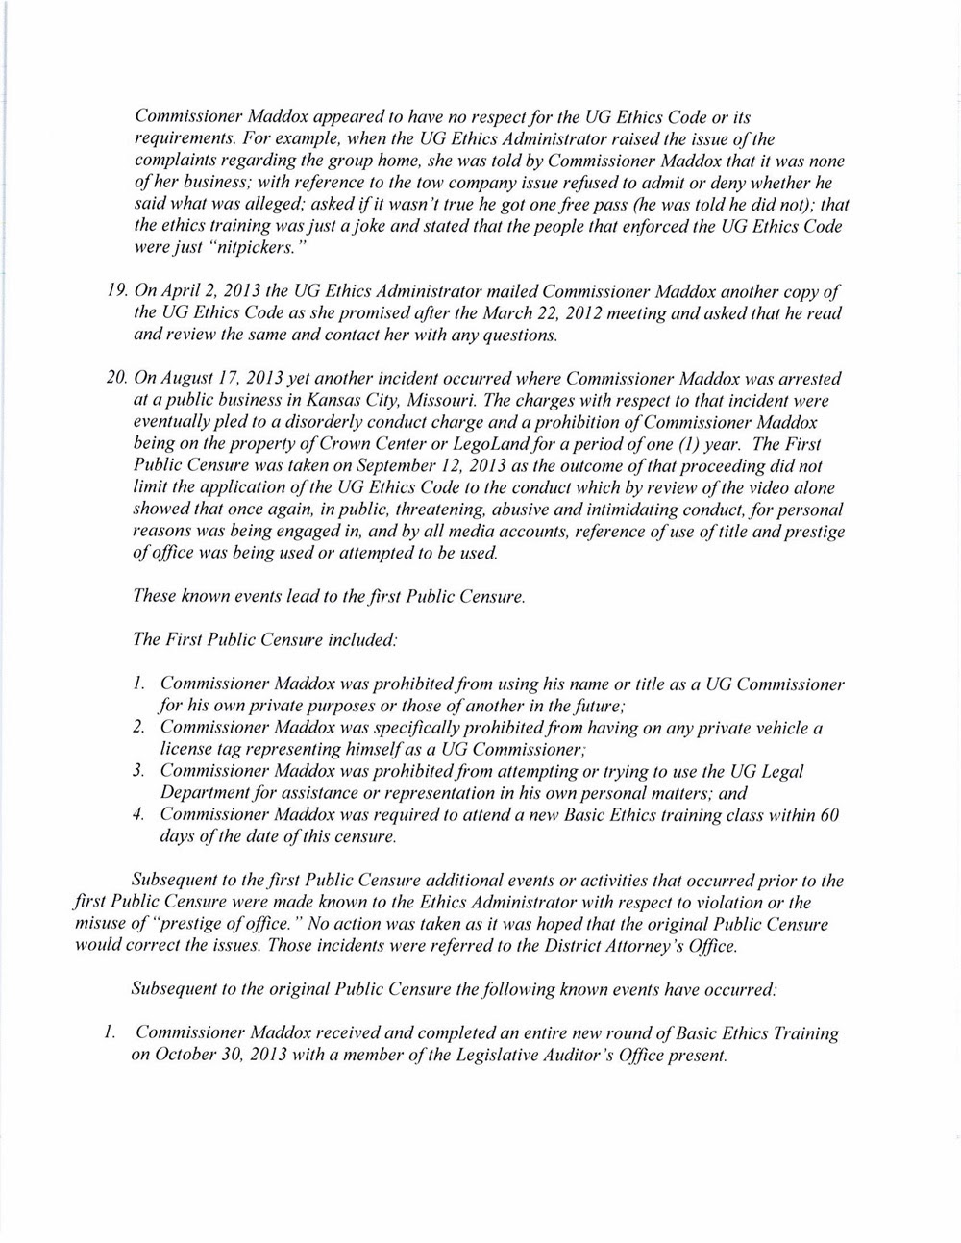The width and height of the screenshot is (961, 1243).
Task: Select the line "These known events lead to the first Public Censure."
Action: click(330, 597)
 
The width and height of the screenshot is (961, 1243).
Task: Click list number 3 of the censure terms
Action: click(138, 772)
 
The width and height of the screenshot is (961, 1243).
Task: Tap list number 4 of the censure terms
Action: click(138, 815)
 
